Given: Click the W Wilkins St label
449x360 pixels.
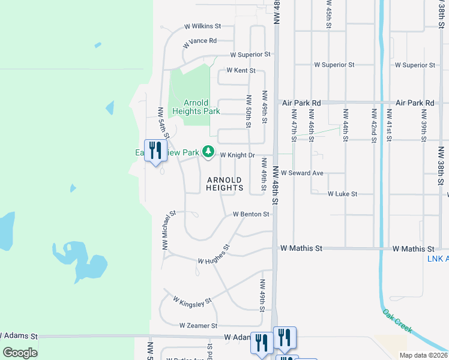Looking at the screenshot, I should [203, 26].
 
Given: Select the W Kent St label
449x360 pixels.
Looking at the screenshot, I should [237, 70].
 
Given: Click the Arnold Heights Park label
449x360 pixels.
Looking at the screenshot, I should [196, 107].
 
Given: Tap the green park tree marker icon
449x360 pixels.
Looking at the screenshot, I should [208, 152].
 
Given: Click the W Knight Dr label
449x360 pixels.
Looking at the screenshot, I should [238, 155].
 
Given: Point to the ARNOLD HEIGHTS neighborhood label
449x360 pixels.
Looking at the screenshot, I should [224, 184].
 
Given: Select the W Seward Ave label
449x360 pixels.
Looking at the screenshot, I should [303, 173].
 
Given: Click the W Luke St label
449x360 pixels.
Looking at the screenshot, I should [342, 194].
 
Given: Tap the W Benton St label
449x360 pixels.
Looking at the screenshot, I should [251, 214].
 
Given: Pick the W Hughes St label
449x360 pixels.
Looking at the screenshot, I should [214, 256].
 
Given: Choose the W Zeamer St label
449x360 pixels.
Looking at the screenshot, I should [198, 325].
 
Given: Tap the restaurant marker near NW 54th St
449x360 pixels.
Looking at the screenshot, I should [155, 151].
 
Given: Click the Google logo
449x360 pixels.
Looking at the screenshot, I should [20, 353].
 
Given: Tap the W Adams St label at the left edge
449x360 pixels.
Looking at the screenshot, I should [19, 337].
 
